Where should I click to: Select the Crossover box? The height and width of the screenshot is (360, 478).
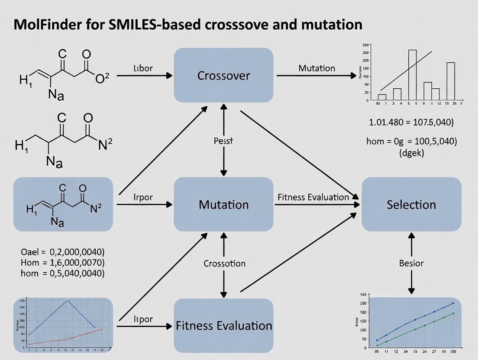click(223, 75)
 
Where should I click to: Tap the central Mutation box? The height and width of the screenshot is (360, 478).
click(223, 204)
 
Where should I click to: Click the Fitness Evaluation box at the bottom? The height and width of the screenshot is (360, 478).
click(223, 325)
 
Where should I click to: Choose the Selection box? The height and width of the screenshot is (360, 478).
click(411, 204)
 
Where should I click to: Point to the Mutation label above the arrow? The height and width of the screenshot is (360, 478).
click(317, 68)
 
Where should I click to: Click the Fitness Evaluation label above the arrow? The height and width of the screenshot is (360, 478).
click(313, 197)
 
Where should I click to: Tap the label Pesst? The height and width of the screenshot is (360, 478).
click(223, 141)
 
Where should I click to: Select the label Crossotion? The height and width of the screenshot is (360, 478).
click(224, 264)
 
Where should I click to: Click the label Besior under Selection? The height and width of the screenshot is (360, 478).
click(411, 264)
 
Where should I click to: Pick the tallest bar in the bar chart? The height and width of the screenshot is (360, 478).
click(412, 75)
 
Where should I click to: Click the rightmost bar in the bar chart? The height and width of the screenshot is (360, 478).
click(450, 81)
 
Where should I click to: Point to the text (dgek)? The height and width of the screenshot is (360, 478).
click(411, 152)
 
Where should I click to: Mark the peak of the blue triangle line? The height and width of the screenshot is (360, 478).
click(67, 301)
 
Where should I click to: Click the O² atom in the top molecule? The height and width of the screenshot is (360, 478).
click(102, 79)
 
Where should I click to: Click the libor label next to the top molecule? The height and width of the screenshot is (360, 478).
click(143, 69)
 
